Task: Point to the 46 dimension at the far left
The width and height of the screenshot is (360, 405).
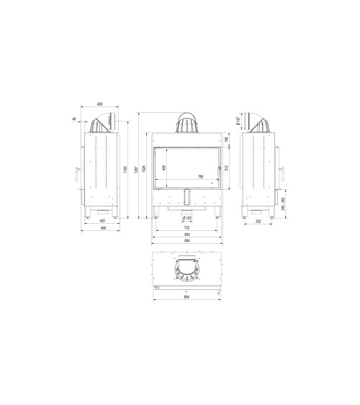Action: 74,120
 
